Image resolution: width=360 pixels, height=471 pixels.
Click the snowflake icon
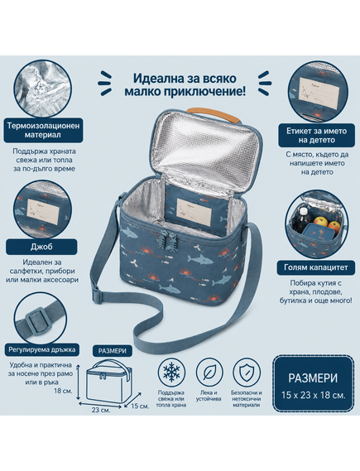[x=171, y=372]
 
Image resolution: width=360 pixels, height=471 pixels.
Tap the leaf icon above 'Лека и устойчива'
[x=209, y=372]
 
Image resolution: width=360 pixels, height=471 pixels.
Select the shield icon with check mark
[x=246, y=372]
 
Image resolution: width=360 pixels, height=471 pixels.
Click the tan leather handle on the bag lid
[x=214, y=114]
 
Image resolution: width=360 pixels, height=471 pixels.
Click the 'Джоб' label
[x=41, y=247]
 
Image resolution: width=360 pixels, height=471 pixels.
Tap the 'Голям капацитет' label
[x=315, y=267]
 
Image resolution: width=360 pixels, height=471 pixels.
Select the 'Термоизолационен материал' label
[x=43, y=130]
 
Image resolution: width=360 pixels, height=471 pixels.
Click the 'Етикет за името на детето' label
[x=316, y=135]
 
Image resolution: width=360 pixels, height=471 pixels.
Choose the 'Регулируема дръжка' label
[x=41, y=349]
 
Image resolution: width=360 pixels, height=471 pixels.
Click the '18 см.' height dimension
[x=63, y=391]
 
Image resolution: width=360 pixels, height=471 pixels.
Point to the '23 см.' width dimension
[x=101, y=410]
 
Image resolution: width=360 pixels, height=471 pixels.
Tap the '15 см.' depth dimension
[x=140, y=406]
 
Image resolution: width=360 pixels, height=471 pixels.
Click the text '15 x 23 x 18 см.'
[x=313, y=395]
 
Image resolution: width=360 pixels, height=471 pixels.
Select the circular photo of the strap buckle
[x=41, y=318]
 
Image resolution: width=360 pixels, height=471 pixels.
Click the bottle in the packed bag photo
[x=303, y=219]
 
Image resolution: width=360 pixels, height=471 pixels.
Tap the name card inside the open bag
[x=194, y=212]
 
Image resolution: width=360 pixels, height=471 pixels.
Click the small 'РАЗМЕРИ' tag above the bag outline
[x=113, y=350]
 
